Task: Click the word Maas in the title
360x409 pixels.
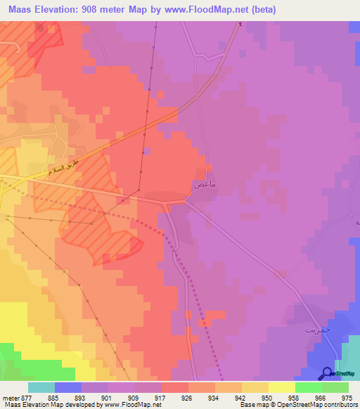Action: coord(20,10)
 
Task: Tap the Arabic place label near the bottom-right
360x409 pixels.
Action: coord(316,329)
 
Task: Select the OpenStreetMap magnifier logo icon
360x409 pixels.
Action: coord(327,375)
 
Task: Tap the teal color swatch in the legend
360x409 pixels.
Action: coord(41,387)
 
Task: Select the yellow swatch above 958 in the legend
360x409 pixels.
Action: coord(282,387)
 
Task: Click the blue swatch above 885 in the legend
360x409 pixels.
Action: coord(68,387)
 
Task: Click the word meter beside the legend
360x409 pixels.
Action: coord(10,397)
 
